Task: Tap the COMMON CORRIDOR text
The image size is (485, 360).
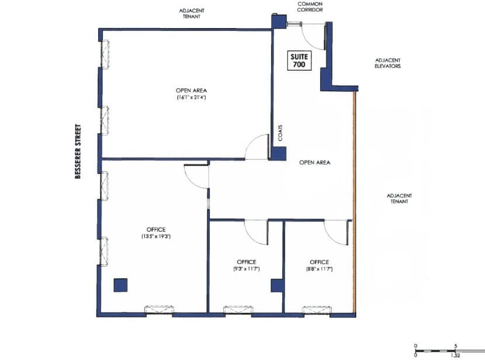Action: [x=310, y=7]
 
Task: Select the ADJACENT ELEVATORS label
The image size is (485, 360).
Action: [x=387, y=63]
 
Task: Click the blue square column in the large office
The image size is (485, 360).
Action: [x=120, y=285]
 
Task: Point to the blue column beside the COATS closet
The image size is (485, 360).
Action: [x=278, y=153]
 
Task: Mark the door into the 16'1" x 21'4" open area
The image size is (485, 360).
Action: [x=256, y=147]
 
